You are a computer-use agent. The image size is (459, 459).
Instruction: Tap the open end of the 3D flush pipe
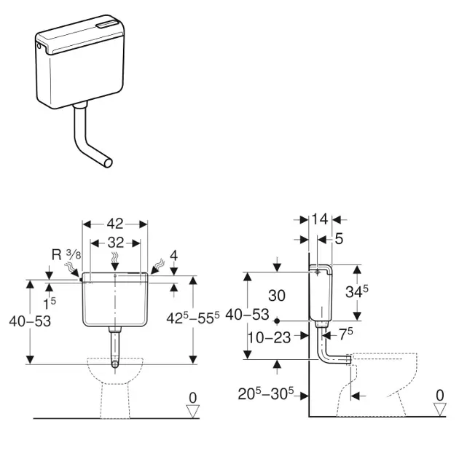click(109, 162)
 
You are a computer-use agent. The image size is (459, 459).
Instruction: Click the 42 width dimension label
click(115, 224)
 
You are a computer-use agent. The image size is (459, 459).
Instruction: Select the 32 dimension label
click(116, 243)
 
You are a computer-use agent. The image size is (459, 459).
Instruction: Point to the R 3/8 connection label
click(66, 255)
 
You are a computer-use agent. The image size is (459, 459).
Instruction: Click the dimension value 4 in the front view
click(174, 256)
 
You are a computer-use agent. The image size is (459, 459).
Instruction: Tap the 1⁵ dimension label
click(50, 304)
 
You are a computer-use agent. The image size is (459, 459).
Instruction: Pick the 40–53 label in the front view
click(30, 321)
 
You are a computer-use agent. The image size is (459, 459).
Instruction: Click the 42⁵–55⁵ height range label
click(193, 318)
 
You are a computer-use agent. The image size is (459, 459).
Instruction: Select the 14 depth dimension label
click(320, 219)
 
